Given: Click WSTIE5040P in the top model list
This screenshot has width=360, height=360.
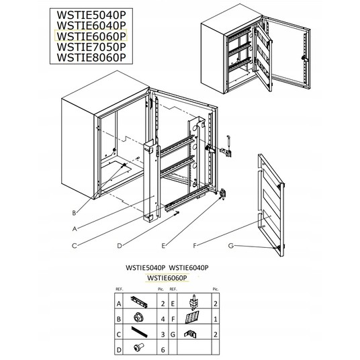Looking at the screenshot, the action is tap(91, 15).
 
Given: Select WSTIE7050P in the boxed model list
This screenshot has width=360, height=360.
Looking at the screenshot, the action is tap(91, 47).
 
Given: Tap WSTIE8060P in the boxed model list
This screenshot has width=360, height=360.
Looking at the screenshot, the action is tap(91, 57).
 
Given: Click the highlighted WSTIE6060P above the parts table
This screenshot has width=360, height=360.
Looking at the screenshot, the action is tap(167, 278).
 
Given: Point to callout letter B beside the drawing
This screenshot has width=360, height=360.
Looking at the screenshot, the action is tap(74, 213).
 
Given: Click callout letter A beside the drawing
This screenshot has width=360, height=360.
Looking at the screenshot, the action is tap(75, 228).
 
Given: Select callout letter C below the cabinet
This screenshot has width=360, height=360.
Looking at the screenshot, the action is tap(74, 246).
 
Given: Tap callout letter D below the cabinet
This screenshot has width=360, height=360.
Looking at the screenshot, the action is tap(120, 246).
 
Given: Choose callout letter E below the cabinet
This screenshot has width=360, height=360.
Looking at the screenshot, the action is tap(163, 246).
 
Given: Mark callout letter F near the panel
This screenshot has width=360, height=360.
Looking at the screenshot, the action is tap(195, 246).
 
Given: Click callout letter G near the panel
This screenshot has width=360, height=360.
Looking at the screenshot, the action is tap(231, 246).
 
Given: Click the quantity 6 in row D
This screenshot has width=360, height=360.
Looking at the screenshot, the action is tap(163, 350).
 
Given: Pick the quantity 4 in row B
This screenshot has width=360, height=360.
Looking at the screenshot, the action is tap(163, 319).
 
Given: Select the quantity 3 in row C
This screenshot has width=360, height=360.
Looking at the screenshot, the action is tap(163, 334).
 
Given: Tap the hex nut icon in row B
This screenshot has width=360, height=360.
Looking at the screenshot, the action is tap(138, 318).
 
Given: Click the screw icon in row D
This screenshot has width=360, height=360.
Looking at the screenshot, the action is tap(138, 347).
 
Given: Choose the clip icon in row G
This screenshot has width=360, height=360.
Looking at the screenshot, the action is tap(190, 334).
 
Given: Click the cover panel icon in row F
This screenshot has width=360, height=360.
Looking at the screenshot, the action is tap(192, 317).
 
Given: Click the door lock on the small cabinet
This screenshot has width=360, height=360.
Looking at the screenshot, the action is tap(304, 58).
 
